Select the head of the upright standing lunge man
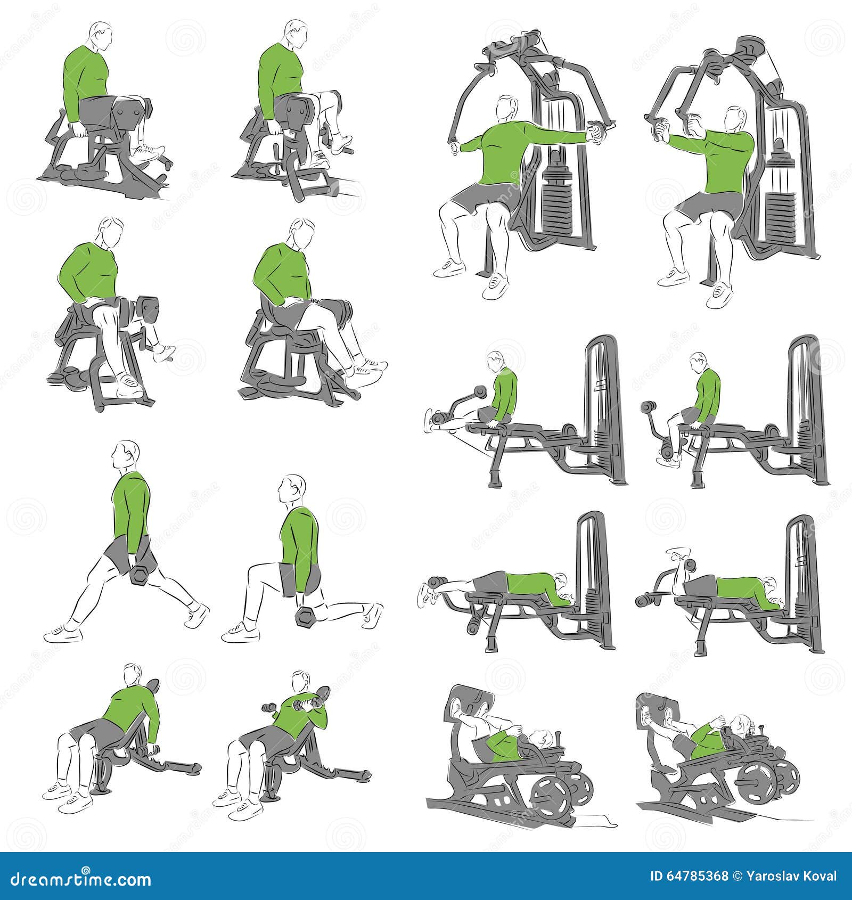click(x=128, y=456)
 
